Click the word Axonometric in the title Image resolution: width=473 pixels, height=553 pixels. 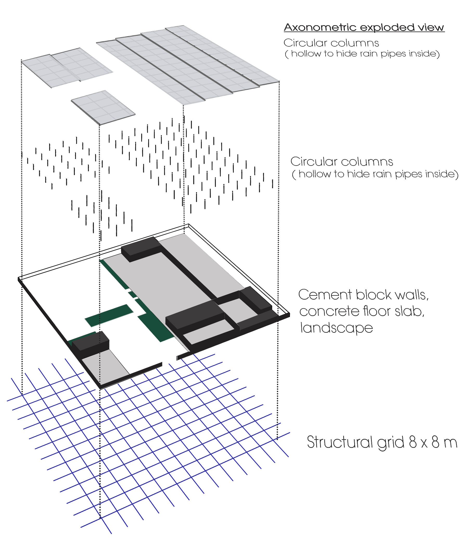(320, 27)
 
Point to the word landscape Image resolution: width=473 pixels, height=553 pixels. (336, 328)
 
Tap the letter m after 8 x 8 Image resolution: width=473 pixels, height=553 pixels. (450, 443)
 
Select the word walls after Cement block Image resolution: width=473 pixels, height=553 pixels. (412, 295)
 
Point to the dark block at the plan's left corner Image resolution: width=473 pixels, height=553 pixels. (91, 341)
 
